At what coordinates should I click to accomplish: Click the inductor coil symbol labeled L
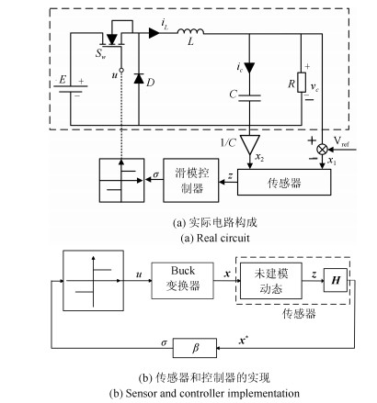click(x=190, y=31)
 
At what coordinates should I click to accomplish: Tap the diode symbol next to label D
click(x=139, y=78)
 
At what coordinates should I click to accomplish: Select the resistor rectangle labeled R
click(x=302, y=83)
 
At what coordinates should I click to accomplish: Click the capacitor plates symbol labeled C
click(x=249, y=98)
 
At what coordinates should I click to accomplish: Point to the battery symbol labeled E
click(x=71, y=89)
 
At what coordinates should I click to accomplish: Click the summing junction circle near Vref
click(x=322, y=150)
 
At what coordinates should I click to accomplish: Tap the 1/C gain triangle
click(x=250, y=144)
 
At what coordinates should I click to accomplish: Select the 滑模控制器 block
click(x=191, y=180)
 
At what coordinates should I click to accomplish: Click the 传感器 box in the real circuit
click(x=284, y=182)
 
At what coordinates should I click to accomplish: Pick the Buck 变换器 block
click(x=183, y=280)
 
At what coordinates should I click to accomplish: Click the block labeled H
click(x=336, y=280)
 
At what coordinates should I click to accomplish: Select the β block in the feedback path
click(x=195, y=348)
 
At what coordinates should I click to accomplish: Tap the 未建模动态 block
click(x=271, y=281)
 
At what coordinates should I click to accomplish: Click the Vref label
click(x=341, y=141)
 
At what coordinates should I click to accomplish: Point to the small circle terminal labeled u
click(x=121, y=70)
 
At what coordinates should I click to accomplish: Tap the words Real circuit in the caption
click(x=223, y=238)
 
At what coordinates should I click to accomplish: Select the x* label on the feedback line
click(x=244, y=341)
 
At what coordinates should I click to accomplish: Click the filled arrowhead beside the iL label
click(x=154, y=33)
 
